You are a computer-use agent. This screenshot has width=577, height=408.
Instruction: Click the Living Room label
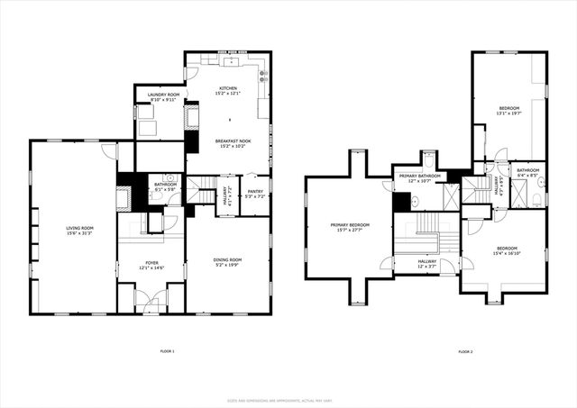coord(79,228)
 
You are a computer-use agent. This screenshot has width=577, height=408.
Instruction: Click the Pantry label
coord(255,191)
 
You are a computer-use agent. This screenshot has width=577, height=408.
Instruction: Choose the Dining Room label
coord(227,259)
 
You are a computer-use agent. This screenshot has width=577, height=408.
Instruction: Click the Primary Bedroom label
coord(350,225)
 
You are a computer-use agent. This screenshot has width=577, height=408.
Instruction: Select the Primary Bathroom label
coord(420,176)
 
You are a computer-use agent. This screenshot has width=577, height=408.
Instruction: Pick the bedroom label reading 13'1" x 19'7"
coord(509,111)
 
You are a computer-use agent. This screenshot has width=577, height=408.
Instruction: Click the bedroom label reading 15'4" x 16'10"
coord(507,249)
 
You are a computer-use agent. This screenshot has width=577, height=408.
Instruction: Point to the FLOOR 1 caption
coord(167,350)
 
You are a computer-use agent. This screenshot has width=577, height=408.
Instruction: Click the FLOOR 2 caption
coord(465,350)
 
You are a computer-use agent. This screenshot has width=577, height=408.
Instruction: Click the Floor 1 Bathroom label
coord(165,186)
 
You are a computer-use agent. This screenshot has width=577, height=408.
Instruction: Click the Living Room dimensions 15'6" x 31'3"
coord(79,233)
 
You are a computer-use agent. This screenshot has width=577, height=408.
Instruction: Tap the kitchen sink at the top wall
coord(232,63)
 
